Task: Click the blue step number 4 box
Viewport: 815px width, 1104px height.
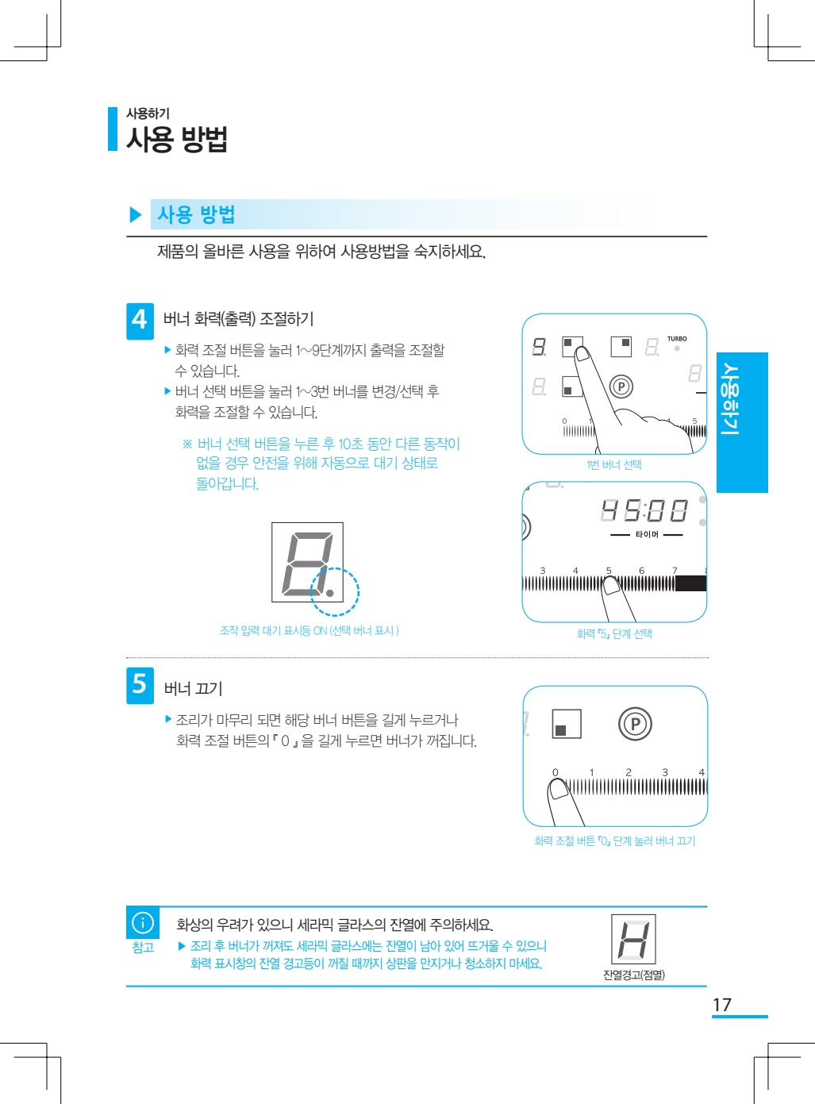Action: [x=140, y=321]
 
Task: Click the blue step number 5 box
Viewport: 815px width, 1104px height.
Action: [x=140, y=686]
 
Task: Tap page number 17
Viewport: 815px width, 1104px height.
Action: [x=721, y=1005]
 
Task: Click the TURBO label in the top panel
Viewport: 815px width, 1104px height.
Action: [x=677, y=338]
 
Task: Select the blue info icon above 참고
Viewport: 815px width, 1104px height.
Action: [x=143, y=922]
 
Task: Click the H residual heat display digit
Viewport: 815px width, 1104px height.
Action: [x=633, y=939]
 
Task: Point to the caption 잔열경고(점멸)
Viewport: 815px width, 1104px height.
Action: [x=634, y=975]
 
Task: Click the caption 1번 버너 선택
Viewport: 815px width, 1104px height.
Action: [x=614, y=464]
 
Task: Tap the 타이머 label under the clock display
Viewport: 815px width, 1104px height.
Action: [x=647, y=535]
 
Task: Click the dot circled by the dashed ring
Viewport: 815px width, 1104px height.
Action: [x=329, y=593]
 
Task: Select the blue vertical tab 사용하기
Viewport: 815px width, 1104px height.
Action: [x=742, y=422]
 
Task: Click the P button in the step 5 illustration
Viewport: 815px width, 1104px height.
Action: [x=635, y=724]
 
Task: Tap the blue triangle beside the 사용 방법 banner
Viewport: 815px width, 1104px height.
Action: [x=136, y=214]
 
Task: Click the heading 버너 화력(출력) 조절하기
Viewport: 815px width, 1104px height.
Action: [x=239, y=318]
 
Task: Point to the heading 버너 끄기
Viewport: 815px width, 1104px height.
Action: [x=193, y=688]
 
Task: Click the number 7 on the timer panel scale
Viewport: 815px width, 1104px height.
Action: [x=675, y=571]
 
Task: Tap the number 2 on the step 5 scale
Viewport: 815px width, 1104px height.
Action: [x=629, y=772]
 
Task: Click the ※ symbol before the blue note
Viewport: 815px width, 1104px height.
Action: [x=187, y=444]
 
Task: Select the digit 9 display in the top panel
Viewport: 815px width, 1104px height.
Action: [x=539, y=346]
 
